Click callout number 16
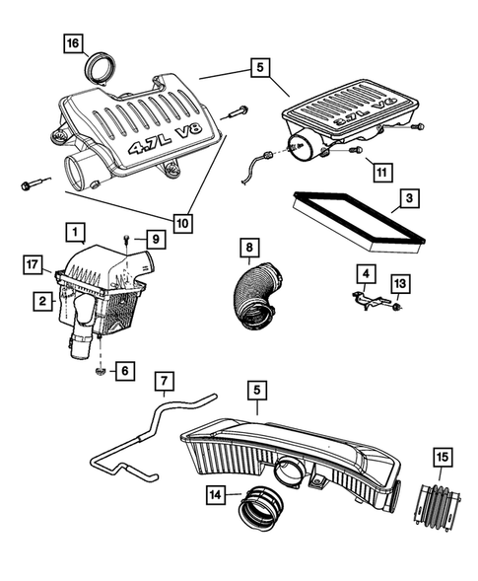[x=73, y=43]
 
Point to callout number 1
[x=73, y=232]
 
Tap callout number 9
[x=156, y=239]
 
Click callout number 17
[x=33, y=263]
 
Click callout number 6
[x=124, y=372]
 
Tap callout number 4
[x=365, y=273]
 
